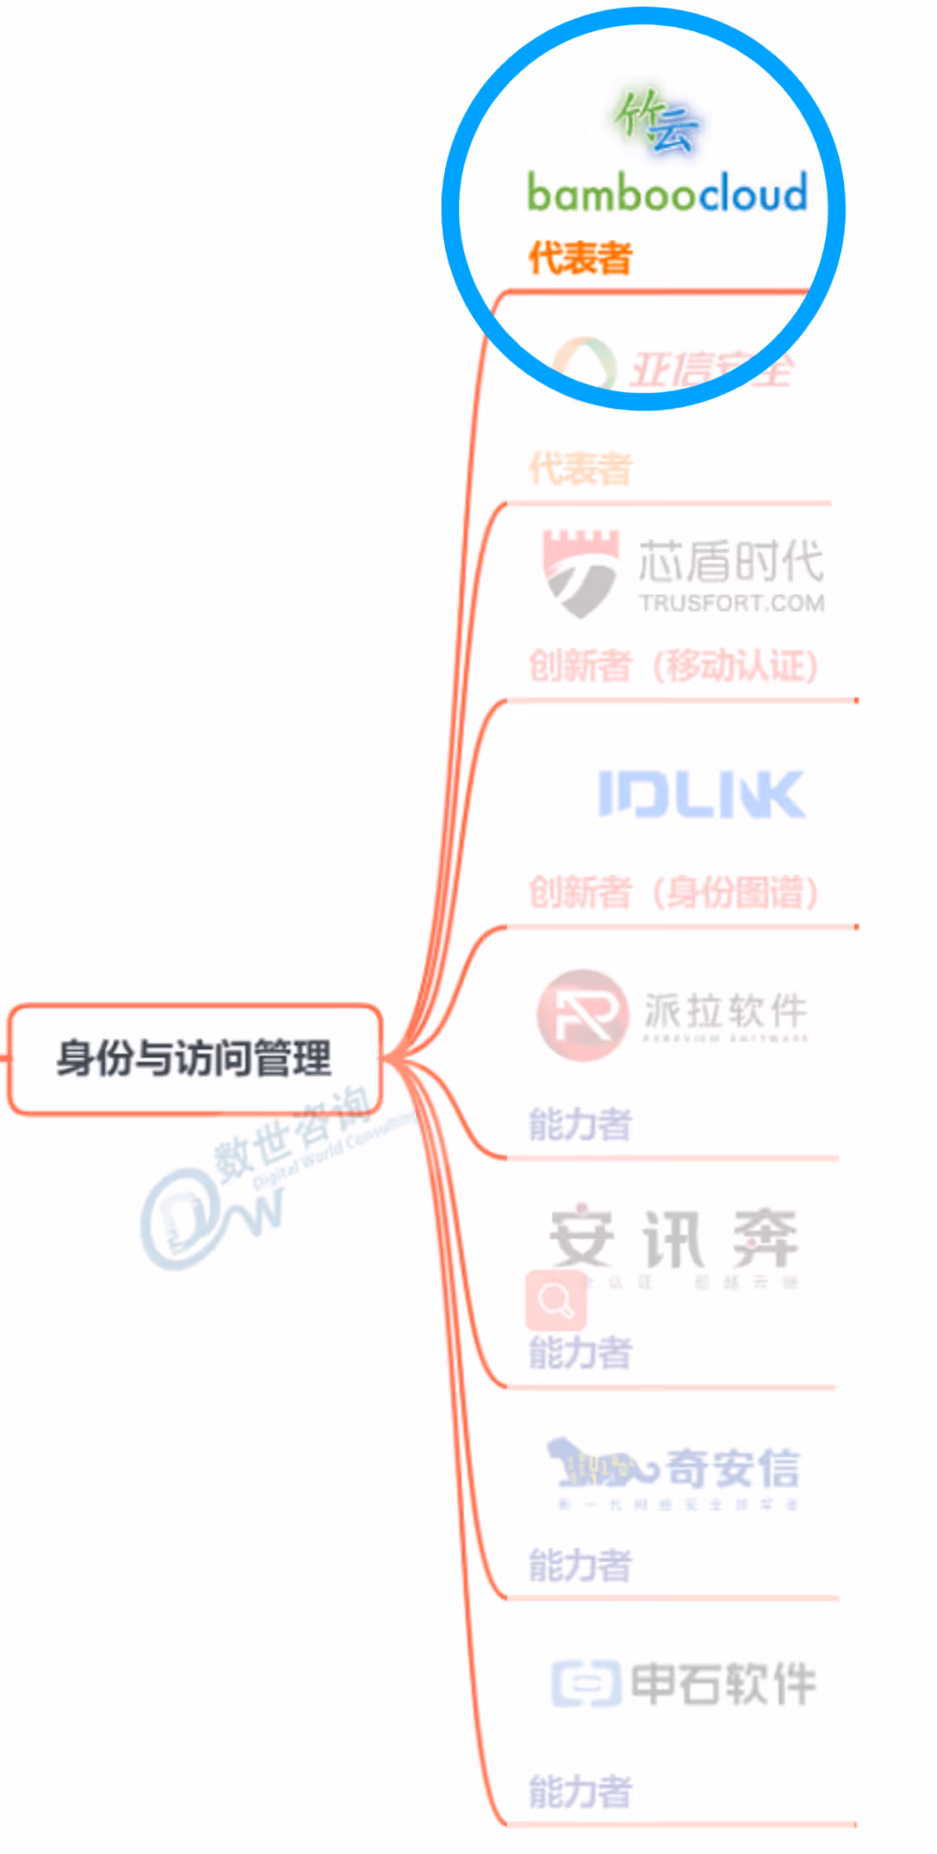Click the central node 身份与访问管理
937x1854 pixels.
click(194, 1059)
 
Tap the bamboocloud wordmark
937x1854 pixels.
click(666, 193)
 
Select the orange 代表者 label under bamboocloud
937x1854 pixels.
click(580, 258)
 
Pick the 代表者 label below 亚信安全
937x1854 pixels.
click(580, 469)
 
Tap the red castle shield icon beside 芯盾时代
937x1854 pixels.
click(580, 572)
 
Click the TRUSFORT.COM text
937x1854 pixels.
click(731, 604)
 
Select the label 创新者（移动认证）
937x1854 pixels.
click(673, 666)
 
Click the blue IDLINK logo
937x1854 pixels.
click(701, 794)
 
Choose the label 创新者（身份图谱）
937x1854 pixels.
click(673, 892)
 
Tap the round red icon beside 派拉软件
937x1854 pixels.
click(582, 1014)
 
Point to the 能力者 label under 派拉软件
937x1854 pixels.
click(580, 1125)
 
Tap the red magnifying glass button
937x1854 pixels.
click(555, 1300)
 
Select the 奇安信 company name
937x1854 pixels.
click(733, 1468)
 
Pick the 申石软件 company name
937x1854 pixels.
click(723, 1683)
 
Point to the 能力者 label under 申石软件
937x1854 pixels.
click(580, 1792)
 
